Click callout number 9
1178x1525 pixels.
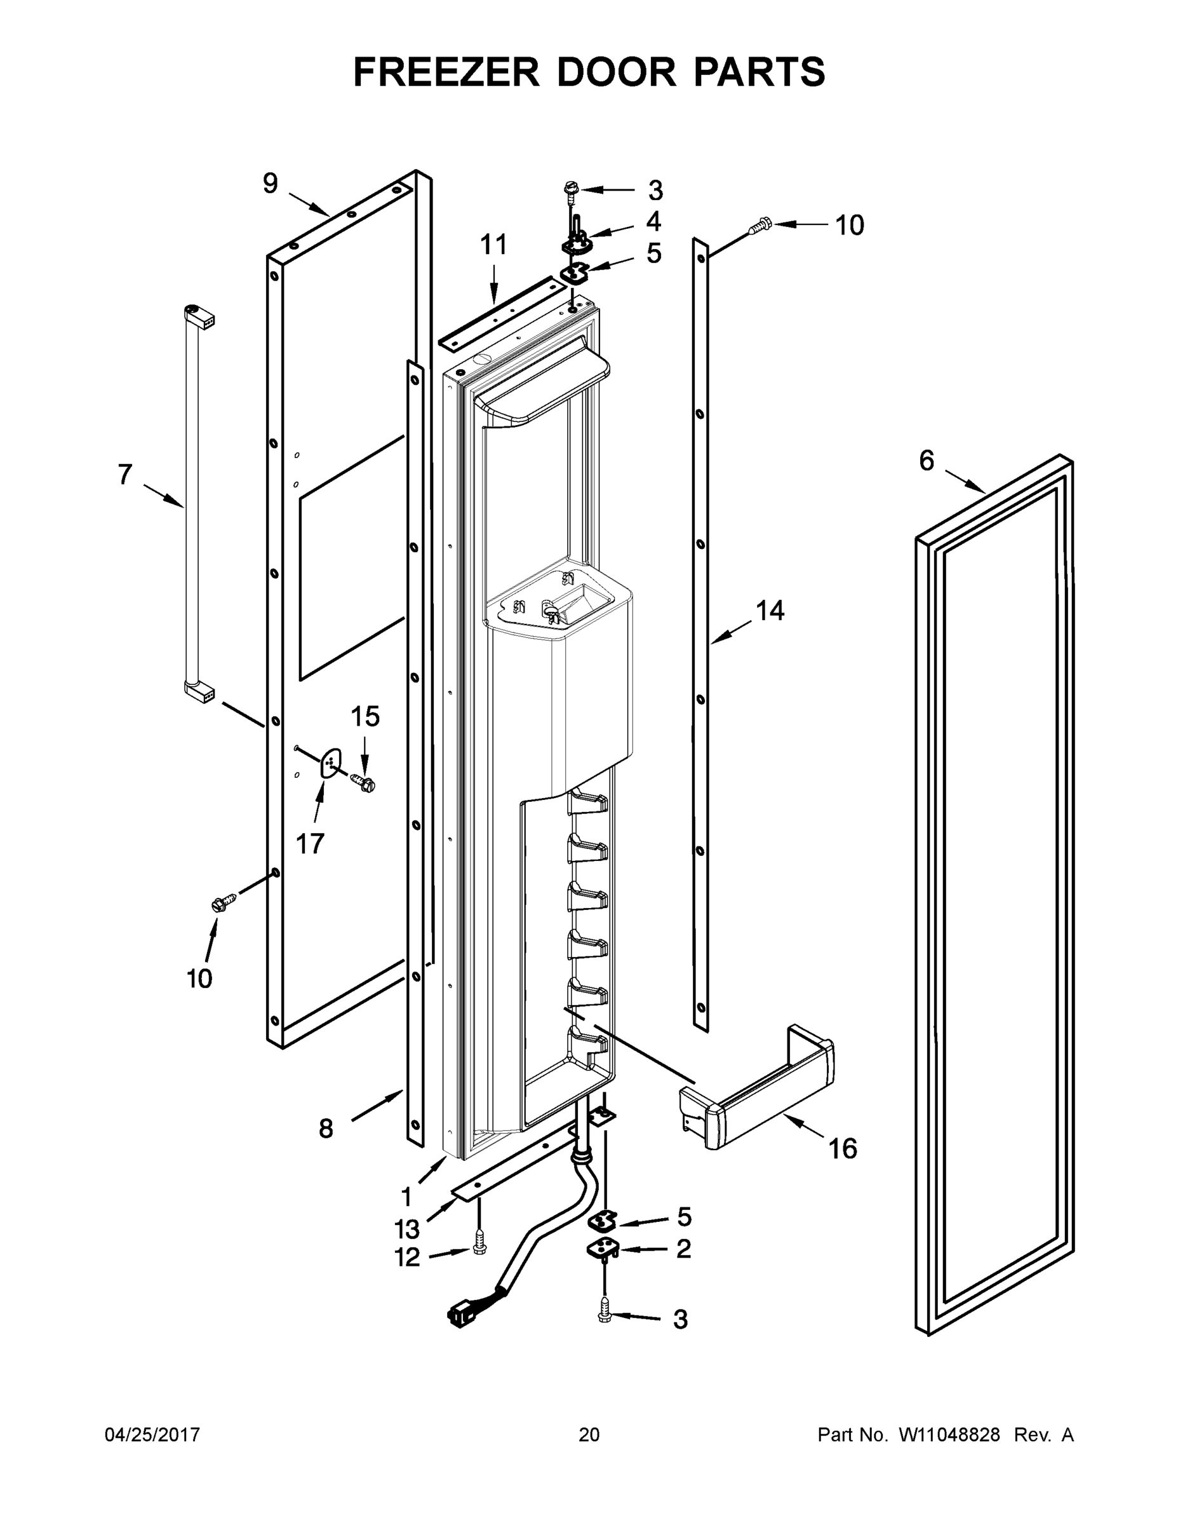click(x=271, y=184)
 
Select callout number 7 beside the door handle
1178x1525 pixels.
click(x=125, y=475)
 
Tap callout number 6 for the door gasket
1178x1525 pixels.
click(x=926, y=461)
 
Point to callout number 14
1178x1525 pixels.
click(x=770, y=611)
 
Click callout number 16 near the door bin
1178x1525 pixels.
click(x=842, y=1149)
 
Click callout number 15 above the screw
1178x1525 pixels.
click(x=365, y=716)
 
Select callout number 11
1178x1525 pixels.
click(x=493, y=246)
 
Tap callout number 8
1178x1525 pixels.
click(x=326, y=1129)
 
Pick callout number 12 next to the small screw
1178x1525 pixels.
click(x=408, y=1257)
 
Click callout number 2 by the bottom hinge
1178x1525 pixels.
click(x=683, y=1249)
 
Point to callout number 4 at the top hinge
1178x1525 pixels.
click(x=653, y=221)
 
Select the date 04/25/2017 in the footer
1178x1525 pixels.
click(x=152, y=1435)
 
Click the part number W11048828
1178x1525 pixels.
click(x=949, y=1435)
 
